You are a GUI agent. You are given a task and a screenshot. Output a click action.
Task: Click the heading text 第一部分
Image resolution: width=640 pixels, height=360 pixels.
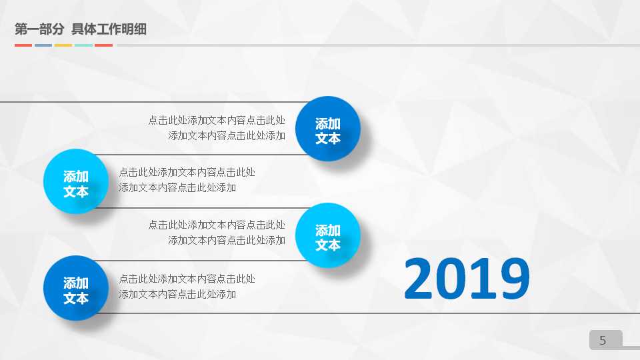39,29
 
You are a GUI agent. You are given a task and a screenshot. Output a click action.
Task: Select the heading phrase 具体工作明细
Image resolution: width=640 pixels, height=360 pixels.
109,29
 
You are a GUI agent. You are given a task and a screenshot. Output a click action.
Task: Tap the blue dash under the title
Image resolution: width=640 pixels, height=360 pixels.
43,45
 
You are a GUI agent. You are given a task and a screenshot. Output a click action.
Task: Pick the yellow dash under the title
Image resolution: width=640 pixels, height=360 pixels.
63,45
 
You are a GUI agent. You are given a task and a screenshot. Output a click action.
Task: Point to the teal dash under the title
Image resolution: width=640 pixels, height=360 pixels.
83,45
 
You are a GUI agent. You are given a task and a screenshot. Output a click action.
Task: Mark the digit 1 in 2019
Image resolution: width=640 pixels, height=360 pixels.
483,279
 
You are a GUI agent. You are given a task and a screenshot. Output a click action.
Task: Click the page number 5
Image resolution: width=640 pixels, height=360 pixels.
603,341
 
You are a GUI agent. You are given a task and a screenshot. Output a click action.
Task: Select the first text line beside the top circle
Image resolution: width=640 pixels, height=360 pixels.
217,121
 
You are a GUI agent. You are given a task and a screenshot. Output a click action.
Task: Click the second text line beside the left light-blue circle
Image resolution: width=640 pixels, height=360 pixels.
177,187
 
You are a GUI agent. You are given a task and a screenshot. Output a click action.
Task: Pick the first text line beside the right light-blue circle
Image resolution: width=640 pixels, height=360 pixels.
217,225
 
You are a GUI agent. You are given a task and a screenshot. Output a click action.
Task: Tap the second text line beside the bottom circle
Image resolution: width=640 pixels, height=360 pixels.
177,294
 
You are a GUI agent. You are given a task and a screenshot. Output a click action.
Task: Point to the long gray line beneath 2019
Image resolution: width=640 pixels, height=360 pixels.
467,313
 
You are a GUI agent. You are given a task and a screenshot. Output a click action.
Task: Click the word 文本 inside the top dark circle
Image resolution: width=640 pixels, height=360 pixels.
328,138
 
